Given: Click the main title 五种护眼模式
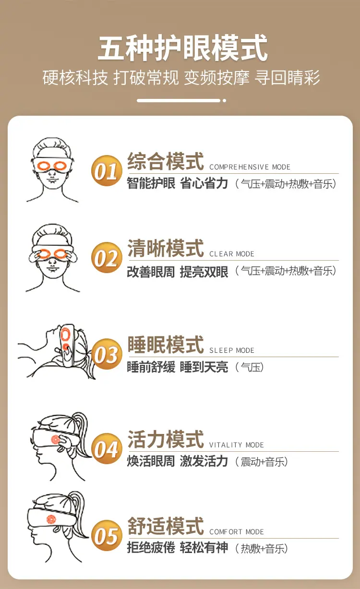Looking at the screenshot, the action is coord(182,48).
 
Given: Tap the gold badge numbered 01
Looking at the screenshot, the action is coord(107,171).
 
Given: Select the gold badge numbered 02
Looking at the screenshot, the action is coord(107,257).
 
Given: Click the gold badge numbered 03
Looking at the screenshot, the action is coord(107,354).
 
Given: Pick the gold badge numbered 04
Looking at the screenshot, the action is coord(107,448).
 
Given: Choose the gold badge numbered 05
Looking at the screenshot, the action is coord(107,535).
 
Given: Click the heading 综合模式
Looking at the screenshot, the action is coord(166,161).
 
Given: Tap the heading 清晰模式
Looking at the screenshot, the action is coord(166,248).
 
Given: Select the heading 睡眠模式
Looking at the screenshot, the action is coord(166,345).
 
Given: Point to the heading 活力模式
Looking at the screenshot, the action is coord(166,439).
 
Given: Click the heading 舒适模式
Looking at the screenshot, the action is coord(166,526).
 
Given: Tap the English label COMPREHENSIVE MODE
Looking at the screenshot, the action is coord(250,167).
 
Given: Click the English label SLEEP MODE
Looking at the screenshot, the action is coord(232,350).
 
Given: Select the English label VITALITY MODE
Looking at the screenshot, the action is coord(237,445).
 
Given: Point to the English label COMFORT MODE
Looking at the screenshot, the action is coord(237,532).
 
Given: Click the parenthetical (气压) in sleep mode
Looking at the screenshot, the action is coord(249,367).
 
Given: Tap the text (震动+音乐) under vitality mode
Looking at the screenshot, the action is coord(262,462).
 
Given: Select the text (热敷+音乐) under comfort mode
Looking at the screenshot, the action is coord(262,549).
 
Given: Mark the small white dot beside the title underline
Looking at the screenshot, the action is coord(224,100).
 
